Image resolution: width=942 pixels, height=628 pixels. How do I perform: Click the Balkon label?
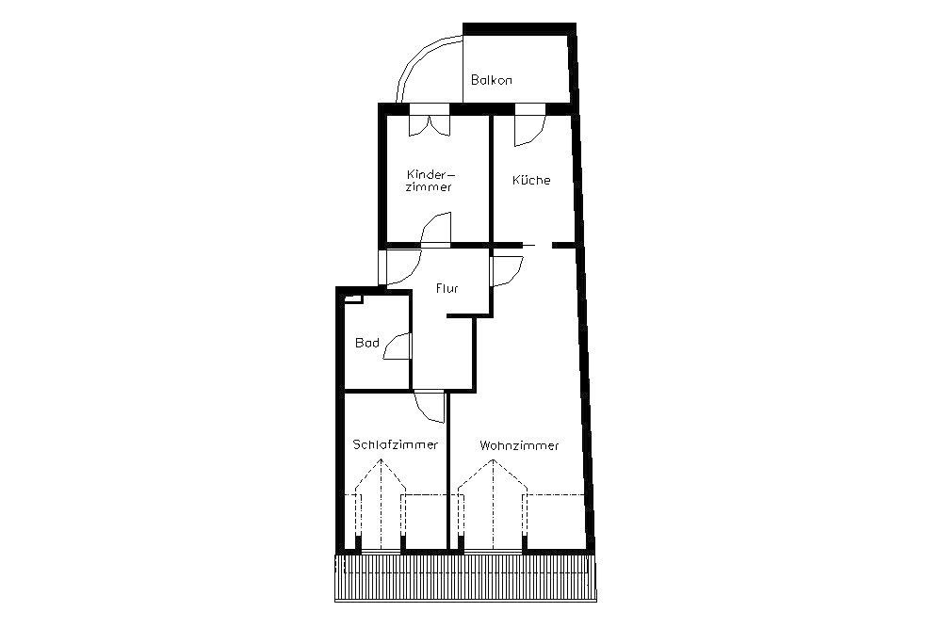click(x=492, y=80)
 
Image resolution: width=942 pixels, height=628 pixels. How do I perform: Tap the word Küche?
click(x=531, y=180)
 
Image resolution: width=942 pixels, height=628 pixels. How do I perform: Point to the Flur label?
click(x=447, y=288)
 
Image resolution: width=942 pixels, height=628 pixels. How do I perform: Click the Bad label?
click(x=367, y=343)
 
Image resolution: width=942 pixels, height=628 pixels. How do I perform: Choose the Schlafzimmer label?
click(x=396, y=445)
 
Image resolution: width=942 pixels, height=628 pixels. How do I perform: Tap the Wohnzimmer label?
click(x=519, y=445)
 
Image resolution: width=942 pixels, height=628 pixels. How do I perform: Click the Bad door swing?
click(x=398, y=347)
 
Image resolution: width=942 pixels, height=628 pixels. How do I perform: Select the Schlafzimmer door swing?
click(x=429, y=406)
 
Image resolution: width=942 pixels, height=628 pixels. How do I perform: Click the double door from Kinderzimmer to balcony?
click(x=430, y=121)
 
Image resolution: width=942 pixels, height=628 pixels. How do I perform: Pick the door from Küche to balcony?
click(x=529, y=125)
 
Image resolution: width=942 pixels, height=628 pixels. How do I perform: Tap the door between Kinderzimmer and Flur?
click(x=435, y=230)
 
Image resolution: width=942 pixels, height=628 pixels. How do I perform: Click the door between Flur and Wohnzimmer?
click(x=507, y=271)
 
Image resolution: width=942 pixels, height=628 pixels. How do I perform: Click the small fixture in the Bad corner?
click(x=353, y=298)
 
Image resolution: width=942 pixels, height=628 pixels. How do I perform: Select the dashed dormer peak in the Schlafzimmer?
click(x=381, y=475)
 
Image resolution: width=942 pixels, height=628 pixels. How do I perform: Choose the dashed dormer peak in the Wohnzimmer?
click(x=493, y=475)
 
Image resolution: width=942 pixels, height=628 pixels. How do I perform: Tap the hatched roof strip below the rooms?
click(x=465, y=577)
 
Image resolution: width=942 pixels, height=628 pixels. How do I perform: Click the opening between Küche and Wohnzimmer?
click(x=537, y=245)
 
